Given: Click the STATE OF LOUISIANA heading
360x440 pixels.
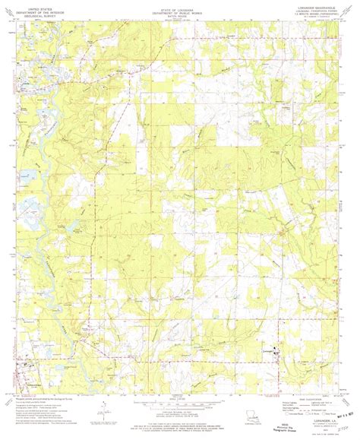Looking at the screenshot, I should (179, 5).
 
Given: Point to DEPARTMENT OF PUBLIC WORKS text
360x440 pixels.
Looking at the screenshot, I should (179, 8).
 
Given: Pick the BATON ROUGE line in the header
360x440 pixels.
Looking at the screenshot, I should (179, 12).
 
